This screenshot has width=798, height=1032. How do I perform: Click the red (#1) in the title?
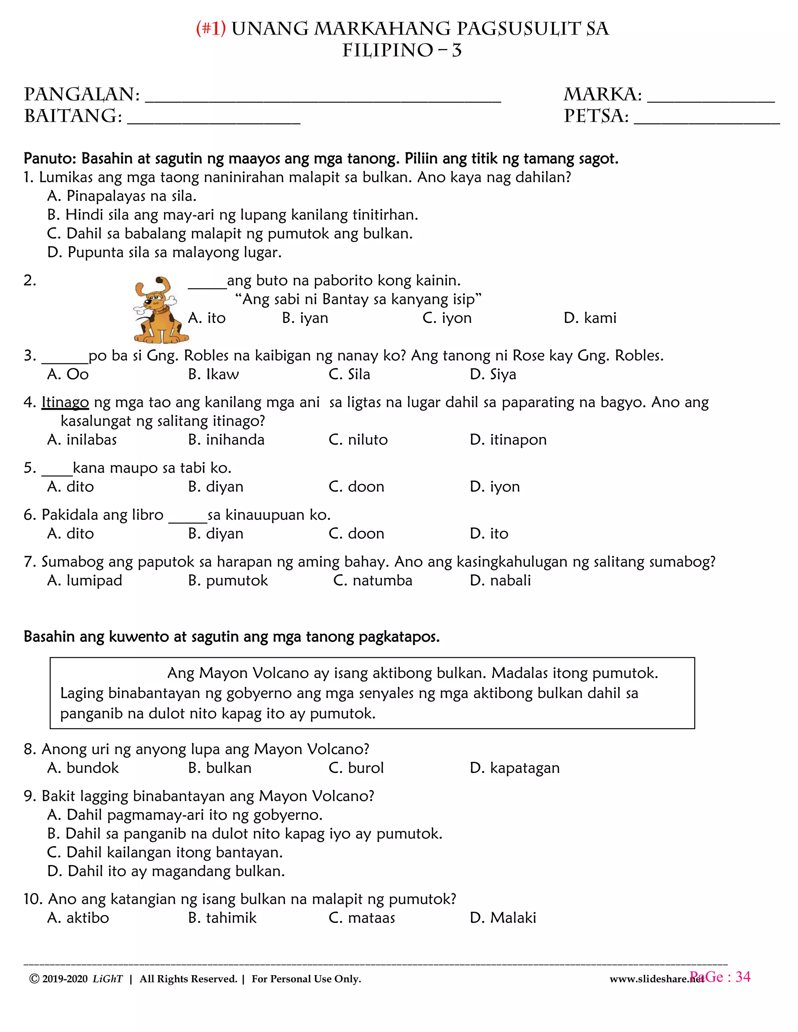211,29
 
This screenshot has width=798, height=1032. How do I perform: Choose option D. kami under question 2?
590,318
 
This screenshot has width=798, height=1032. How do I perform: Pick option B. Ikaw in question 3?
213,374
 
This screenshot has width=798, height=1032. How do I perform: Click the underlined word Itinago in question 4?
65,403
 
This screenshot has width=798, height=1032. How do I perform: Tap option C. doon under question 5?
357,487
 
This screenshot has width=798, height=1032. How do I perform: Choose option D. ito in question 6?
489,534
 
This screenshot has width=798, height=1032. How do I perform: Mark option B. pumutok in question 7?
228,580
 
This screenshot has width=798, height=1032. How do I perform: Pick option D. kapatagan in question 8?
515,768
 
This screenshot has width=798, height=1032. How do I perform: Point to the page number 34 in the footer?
743,977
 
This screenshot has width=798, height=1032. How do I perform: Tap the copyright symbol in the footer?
34,979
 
